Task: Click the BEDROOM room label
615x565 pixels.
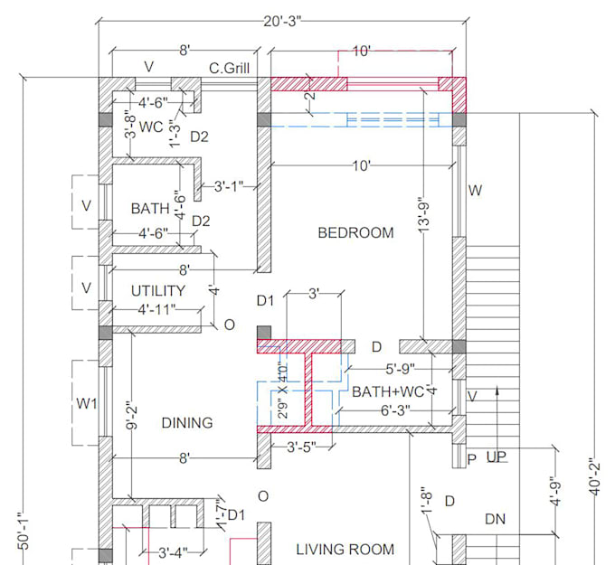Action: (355, 233)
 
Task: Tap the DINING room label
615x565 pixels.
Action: (187, 423)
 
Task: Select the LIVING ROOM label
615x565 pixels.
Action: (345, 549)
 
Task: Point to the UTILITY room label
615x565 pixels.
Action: (158, 291)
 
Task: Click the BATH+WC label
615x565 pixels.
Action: (389, 392)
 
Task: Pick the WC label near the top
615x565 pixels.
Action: (150, 127)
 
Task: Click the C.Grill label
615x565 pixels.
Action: (229, 68)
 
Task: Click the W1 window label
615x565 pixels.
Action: (86, 404)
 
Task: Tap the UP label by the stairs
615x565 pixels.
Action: (496, 458)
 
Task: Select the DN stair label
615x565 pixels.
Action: (495, 521)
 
